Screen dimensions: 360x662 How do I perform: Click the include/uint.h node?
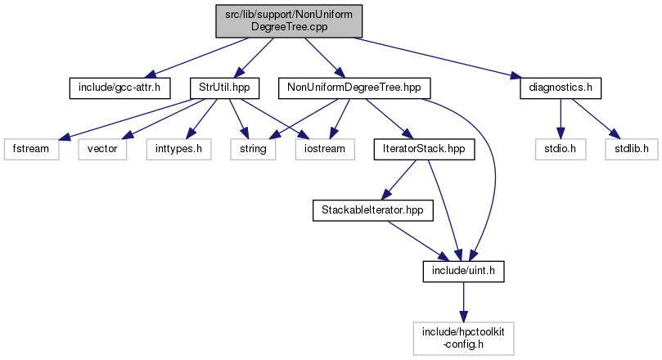point(463,270)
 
